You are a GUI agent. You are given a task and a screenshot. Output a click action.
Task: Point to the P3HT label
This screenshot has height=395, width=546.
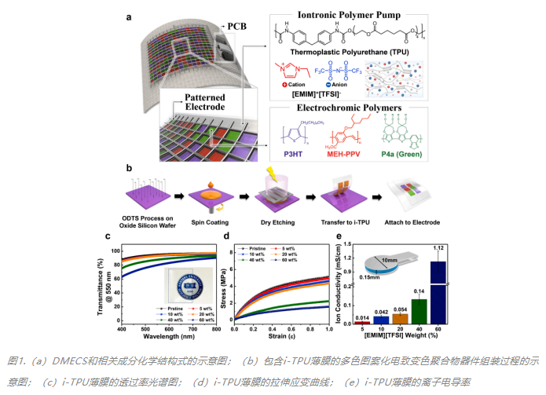[295, 177]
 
